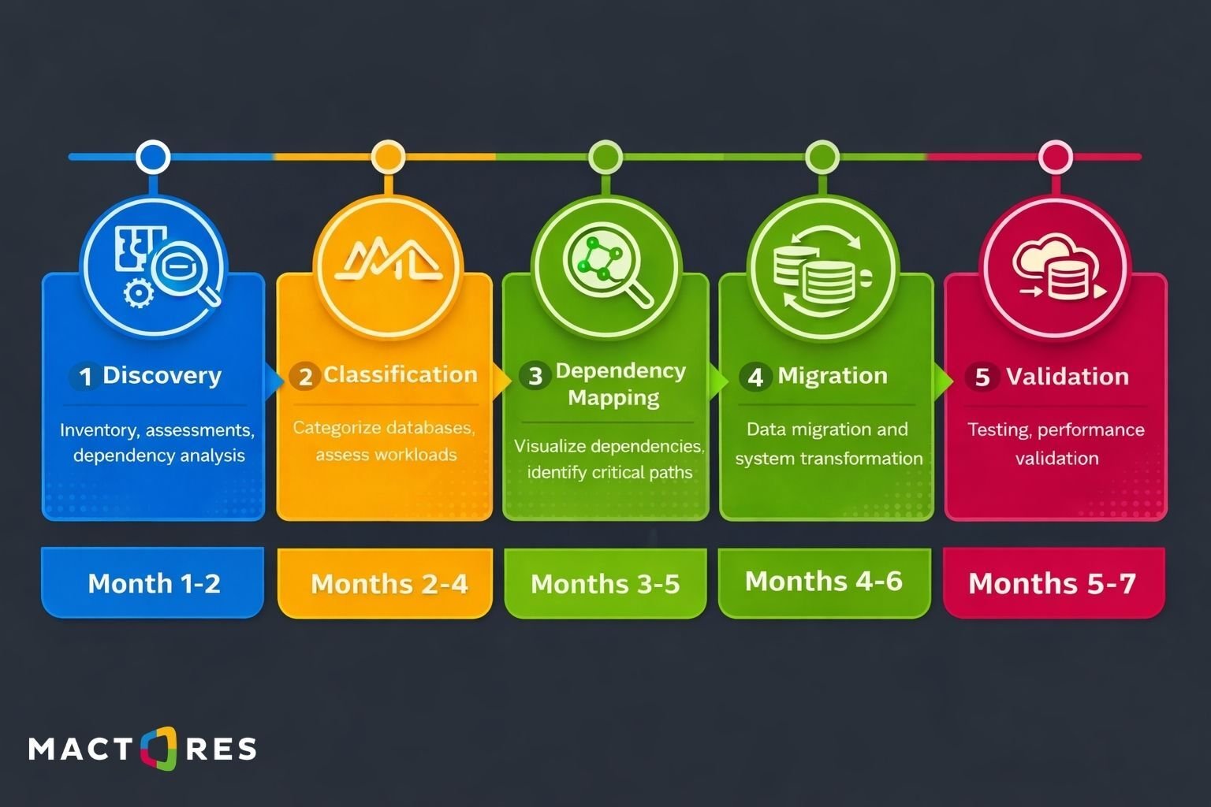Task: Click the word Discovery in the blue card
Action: (162, 376)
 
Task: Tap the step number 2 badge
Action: (305, 376)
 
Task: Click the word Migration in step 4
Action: (833, 376)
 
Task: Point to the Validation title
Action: (1068, 376)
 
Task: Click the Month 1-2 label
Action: (154, 583)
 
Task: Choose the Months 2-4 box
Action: (385, 582)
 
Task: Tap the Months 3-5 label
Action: (605, 584)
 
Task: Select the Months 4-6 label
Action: (824, 581)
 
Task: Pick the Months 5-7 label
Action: (1052, 583)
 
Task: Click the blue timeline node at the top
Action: (153, 158)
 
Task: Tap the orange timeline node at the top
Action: (388, 158)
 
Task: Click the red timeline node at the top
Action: (1056, 158)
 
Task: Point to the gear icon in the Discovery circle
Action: (139, 293)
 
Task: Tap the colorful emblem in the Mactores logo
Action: (159, 748)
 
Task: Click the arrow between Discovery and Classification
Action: (273, 381)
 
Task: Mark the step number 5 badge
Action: (982, 377)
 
